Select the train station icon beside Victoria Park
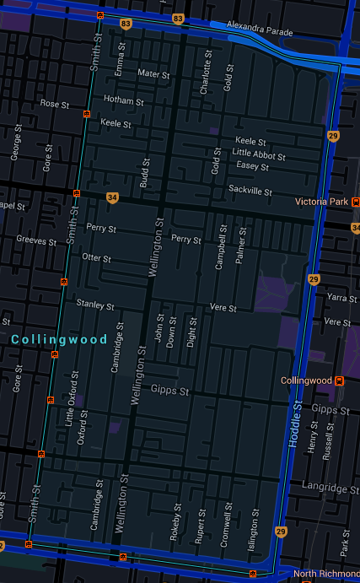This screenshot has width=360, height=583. click(x=357, y=202)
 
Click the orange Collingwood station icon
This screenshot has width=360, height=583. click(x=339, y=381)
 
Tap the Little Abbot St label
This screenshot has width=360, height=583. click(x=259, y=154)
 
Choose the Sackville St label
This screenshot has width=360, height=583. click(x=250, y=192)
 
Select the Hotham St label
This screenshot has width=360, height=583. click(x=118, y=99)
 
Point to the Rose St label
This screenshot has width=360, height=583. click(x=54, y=104)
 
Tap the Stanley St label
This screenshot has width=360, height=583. click(x=94, y=304)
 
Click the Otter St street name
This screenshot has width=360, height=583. click(x=97, y=257)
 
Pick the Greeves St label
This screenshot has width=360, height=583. click(x=35, y=241)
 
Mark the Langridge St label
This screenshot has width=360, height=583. click(x=330, y=488)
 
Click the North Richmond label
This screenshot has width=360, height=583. click(x=325, y=575)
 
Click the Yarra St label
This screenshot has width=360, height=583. click(x=341, y=298)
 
